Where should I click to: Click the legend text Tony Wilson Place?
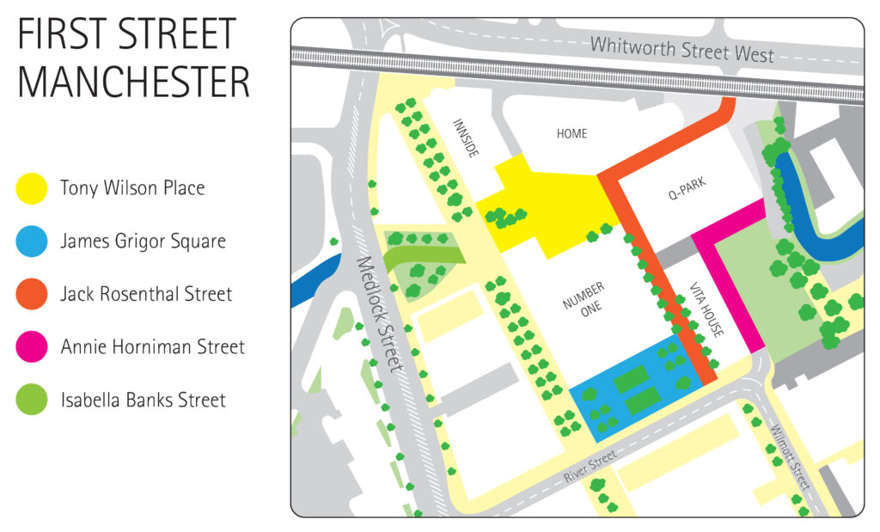(132, 188)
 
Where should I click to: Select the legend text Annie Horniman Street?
(152, 347)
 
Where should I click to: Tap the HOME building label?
(571, 134)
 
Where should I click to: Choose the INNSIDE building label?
(465, 138)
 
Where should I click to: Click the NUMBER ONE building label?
(584, 298)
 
